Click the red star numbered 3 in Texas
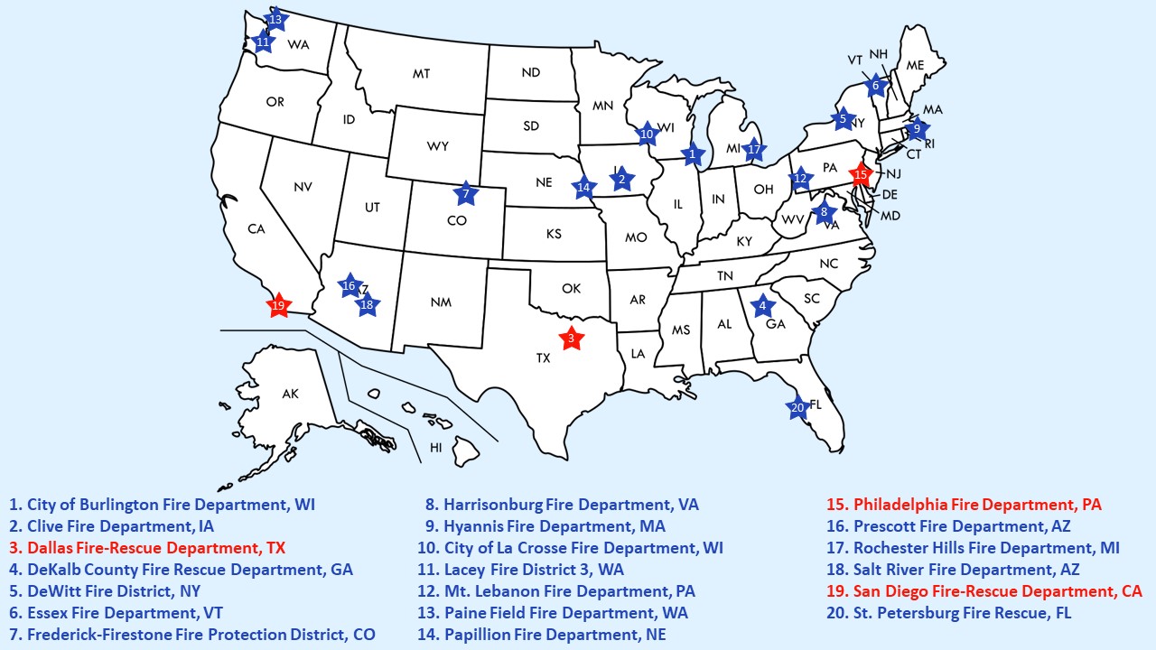570,339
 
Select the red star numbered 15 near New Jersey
861,173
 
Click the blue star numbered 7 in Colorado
466,193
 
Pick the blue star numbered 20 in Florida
797,407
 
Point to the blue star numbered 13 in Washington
275,19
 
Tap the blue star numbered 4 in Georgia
762,305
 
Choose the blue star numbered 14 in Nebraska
583,189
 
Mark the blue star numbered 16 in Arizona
350,286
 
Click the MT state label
421,74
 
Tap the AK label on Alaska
290,394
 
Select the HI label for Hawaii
436,447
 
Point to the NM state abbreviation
441,302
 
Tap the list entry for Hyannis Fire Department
545,526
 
